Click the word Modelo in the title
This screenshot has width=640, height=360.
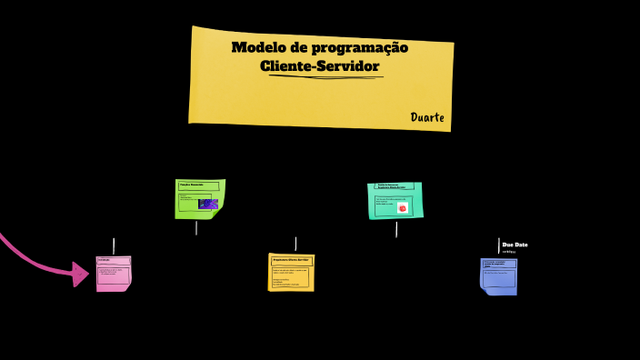tap(254, 47)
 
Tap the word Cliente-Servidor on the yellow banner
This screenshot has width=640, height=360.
tap(319, 66)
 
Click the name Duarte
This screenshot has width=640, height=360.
tap(426, 117)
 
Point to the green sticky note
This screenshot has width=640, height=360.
tap(199, 198)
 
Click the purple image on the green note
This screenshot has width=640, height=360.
tap(208, 205)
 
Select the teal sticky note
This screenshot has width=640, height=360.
tap(395, 200)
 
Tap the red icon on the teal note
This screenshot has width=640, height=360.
tap(402, 207)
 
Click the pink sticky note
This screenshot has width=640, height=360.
tap(114, 274)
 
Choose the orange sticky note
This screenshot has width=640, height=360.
tap(291, 272)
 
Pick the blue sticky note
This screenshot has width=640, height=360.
tap(498, 276)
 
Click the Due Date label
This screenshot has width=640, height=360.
tap(515, 245)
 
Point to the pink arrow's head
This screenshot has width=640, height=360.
tap(80, 273)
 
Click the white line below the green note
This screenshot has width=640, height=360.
tap(196, 228)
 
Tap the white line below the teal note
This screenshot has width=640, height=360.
tap(396, 229)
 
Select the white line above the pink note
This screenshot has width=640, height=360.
tap(114, 245)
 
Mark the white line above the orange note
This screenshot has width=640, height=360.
tap(295, 244)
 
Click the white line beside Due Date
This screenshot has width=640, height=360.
tap(499, 245)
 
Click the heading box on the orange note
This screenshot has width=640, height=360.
tap(291, 260)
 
